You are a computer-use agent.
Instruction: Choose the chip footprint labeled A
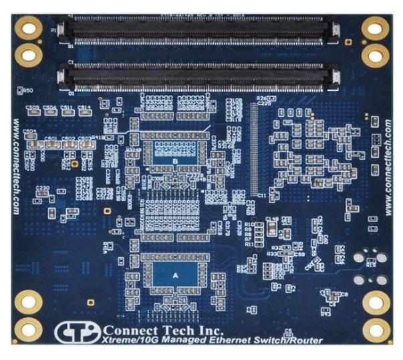click(x=175, y=273)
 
